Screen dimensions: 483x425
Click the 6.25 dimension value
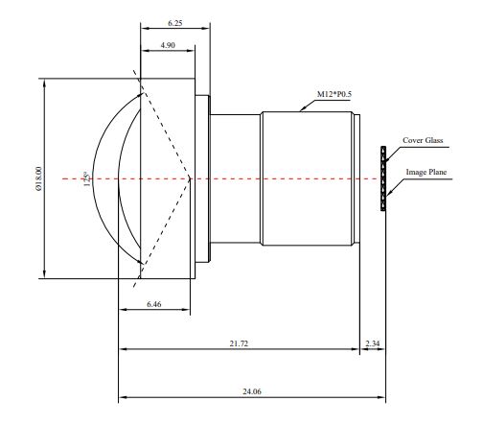[174, 23]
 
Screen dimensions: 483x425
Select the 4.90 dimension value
[168, 45]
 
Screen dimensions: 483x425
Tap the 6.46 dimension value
[154, 304]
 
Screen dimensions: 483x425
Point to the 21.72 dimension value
[239, 343]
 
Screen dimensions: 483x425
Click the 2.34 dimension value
[373, 343]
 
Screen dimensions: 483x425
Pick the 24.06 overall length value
[252, 391]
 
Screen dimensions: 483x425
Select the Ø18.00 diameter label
[38, 178]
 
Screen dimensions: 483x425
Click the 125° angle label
[86, 179]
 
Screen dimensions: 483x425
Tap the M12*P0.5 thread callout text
[334, 94]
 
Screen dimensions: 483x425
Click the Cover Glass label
[423, 140]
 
